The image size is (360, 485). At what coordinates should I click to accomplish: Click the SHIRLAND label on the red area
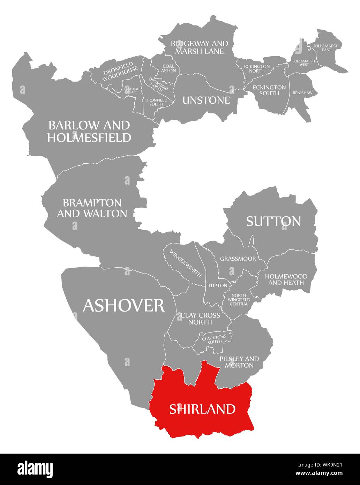pos(202,409)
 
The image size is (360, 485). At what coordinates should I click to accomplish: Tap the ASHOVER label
pos(123,306)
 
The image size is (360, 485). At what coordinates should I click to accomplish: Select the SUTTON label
pos(273,221)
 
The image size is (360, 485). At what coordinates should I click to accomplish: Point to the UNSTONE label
pos(206,100)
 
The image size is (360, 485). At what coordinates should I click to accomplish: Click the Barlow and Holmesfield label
pos(89,131)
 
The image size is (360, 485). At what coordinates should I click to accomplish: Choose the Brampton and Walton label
pos(92,208)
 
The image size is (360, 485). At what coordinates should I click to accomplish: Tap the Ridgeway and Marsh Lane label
pos(199,47)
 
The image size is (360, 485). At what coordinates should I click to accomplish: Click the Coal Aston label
pos(168,68)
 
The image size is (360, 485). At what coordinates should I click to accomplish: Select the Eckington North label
pos(257,68)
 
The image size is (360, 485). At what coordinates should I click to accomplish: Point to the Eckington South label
pos(269,90)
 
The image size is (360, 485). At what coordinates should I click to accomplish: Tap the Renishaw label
pos(300,93)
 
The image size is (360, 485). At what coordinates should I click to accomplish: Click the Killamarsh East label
pos(328,48)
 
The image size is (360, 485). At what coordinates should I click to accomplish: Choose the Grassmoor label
pos(238,259)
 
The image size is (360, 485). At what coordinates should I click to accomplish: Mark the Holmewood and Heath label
pos(286,279)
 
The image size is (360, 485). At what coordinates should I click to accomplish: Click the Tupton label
pos(217,285)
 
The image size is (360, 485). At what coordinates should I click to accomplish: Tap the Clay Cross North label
pos(200,318)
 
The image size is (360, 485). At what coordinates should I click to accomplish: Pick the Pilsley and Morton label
pos(239,362)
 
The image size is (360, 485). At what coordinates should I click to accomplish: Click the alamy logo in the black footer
pos(35,469)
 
